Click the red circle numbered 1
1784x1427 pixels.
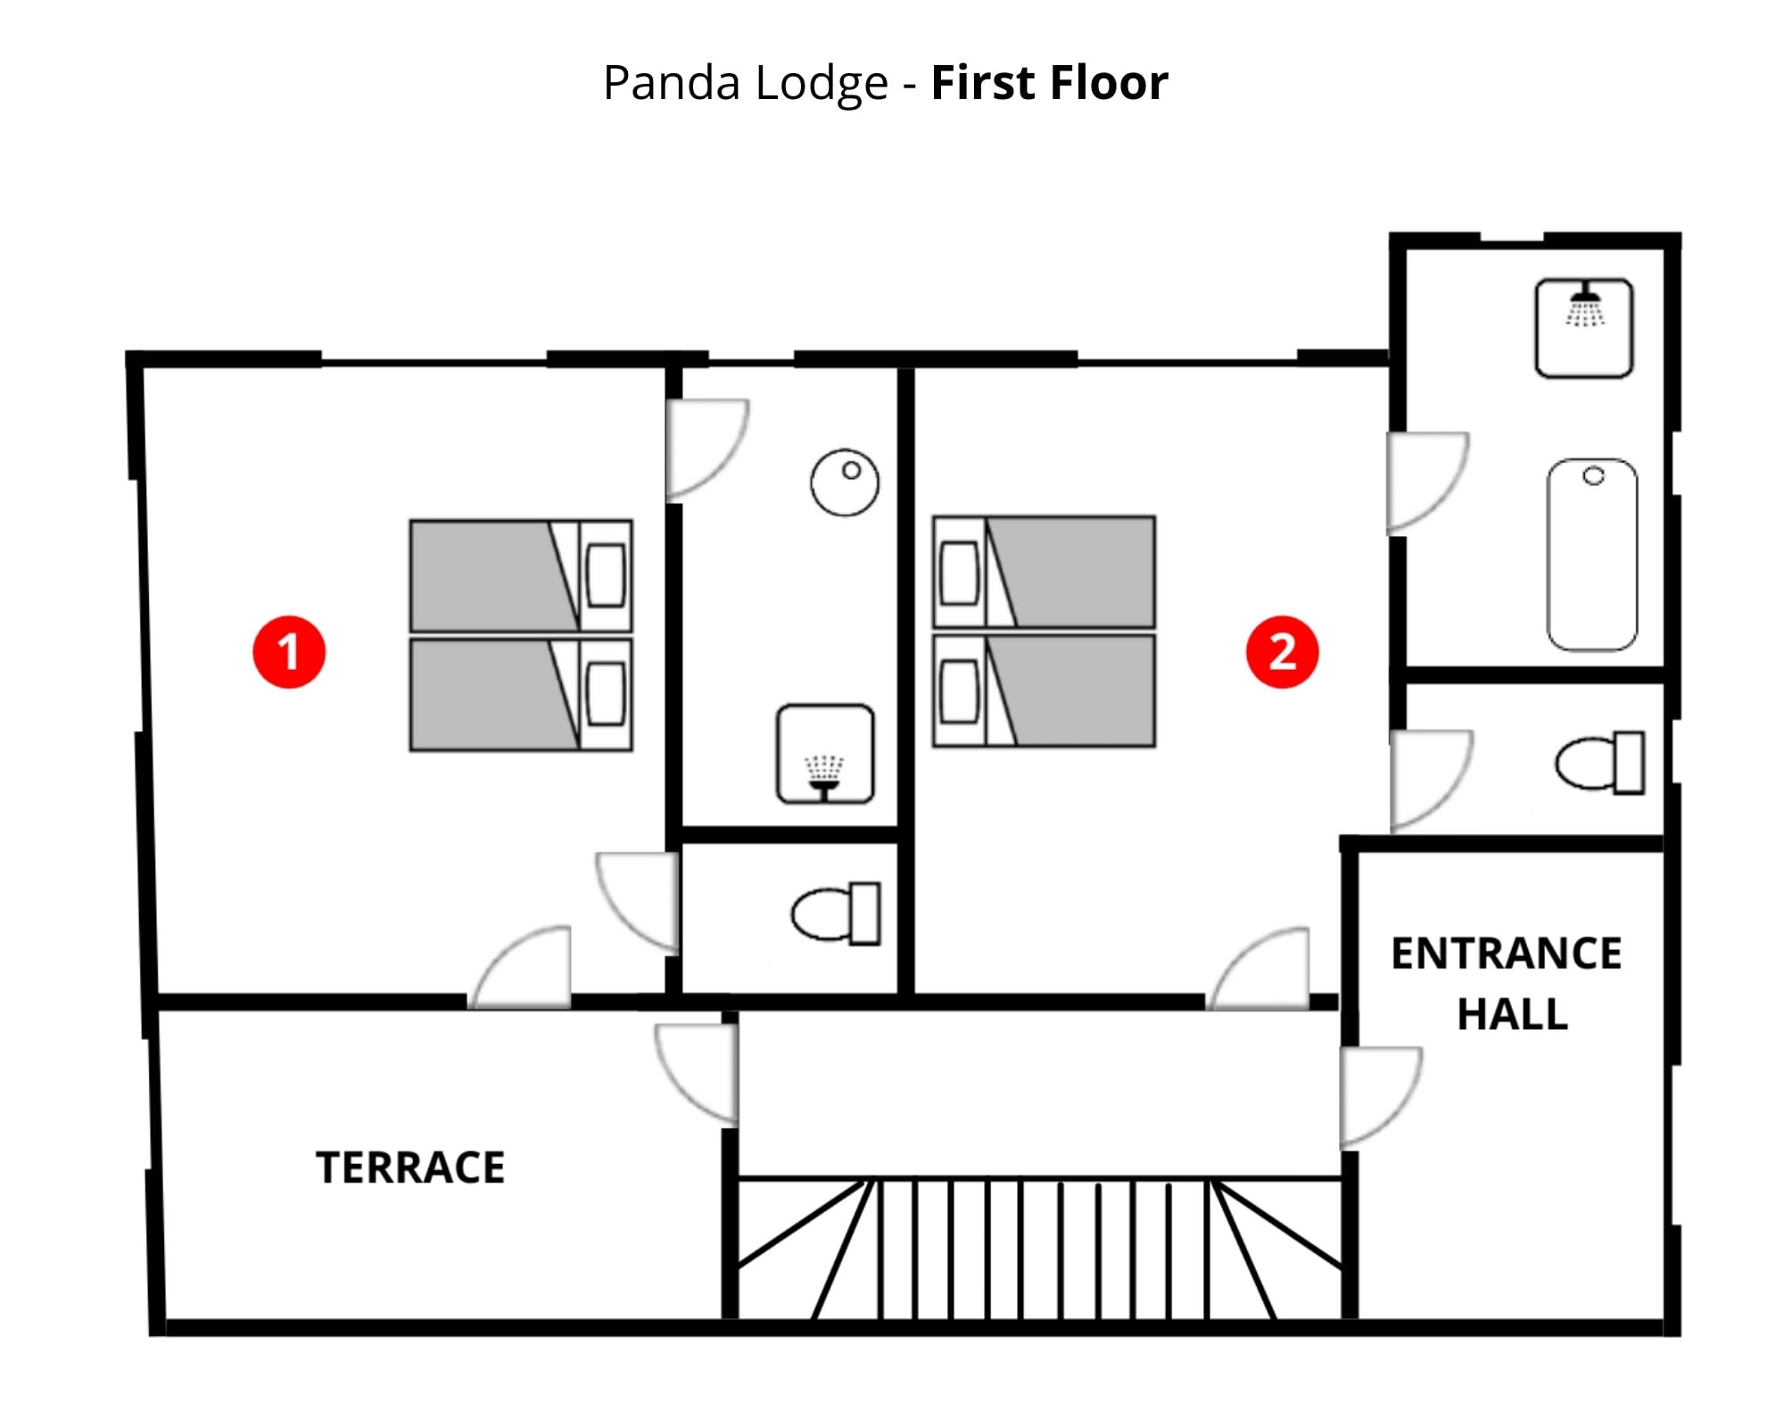click(289, 652)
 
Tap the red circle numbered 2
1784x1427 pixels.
click(1282, 652)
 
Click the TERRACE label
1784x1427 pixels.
click(410, 1168)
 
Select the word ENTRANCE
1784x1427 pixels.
click(1507, 954)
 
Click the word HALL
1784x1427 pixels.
click(1512, 1015)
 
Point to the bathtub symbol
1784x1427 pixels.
click(1592, 555)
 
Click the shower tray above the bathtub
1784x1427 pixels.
click(1584, 328)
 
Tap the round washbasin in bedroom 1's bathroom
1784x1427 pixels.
click(845, 483)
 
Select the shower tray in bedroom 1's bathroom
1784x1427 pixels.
click(825, 755)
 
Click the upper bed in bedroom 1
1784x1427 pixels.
click(521, 576)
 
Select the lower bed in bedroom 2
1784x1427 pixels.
click(1045, 691)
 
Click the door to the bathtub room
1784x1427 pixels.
click(1425, 482)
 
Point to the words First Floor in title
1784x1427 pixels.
click(1049, 83)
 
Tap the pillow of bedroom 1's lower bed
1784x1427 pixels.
click(607, 695)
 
